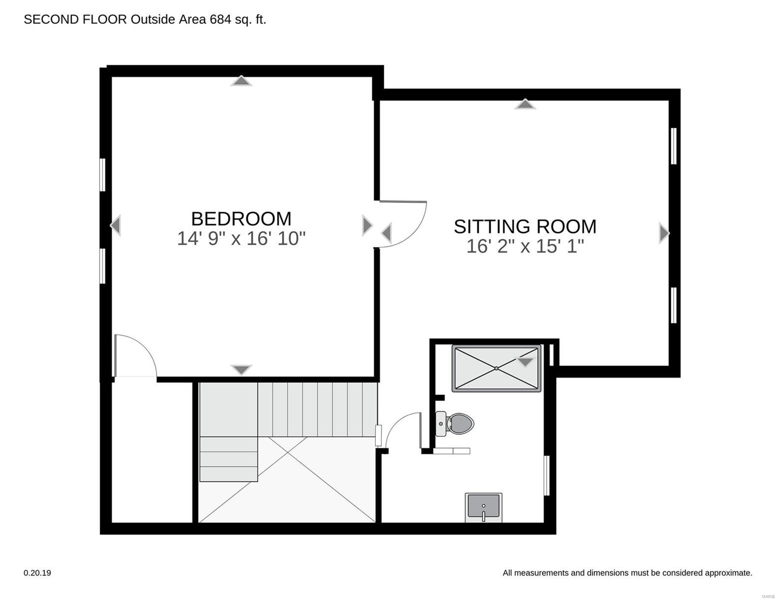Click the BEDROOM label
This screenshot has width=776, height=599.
tap(241, 219)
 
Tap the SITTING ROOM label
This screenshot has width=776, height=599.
tap(525, 226)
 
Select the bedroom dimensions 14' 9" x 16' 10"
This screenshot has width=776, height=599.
tap(241, 239)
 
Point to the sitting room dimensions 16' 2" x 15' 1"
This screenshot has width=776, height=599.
tap(525, 246)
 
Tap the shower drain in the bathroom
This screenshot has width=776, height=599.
tap(496, 368)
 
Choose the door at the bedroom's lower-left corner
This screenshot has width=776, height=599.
tap(135, 355)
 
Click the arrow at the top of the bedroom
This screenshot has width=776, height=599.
tap(241, 81)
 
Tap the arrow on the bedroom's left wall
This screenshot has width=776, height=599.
tap(115, 225)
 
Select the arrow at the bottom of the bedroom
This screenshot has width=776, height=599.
tap(242, 370)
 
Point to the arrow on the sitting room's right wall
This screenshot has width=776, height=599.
tap(664, 233)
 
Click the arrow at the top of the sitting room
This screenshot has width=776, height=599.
tap(525, 104)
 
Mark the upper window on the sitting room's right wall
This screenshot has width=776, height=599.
tap(674, 146)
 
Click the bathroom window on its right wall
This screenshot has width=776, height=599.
tap(547, 475)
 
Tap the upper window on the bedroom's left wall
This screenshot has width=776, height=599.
tap(102, 175)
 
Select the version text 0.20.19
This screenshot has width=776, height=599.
tap(37, 573)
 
